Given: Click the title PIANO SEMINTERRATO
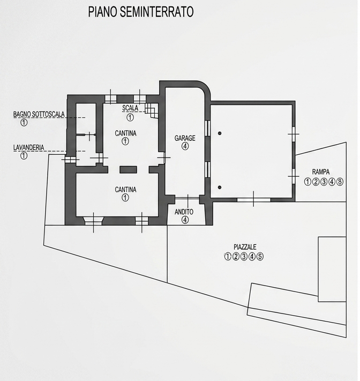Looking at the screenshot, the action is point(141,12).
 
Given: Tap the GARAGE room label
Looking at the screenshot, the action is point(185,138).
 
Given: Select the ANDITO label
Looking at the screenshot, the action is point(184,212).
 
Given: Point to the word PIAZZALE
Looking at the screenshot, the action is point(245,247).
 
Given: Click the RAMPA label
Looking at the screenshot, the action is point(321,172).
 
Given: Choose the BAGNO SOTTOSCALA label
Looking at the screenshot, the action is point(39,114).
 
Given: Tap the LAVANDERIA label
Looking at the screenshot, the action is point(29,147).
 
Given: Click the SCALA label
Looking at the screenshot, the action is point(130,108).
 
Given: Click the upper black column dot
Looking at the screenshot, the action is point(220,133).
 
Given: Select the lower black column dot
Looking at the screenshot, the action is point(220,188).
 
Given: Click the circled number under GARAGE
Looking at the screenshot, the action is point(185,146).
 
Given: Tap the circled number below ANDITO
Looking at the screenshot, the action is point(185,220).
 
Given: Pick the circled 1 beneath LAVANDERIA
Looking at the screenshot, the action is point(24,155).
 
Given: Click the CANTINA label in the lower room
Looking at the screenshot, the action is point(125,190).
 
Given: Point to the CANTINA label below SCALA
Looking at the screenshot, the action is point(125,133).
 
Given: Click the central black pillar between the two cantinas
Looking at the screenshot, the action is point(128,170).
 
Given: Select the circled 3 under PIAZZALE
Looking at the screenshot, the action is point(244,256).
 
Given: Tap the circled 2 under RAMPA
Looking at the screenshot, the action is point(316,182).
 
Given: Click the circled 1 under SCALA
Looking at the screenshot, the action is point(130,117).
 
